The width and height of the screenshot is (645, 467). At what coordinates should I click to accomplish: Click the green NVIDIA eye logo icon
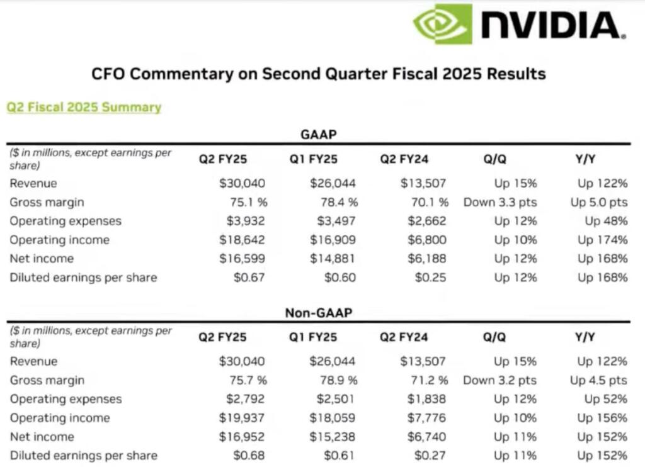tap(442, 25)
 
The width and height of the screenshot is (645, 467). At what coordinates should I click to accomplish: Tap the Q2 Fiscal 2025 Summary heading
tap(84, 107)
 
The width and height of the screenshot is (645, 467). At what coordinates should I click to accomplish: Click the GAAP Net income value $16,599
tap(243, 259)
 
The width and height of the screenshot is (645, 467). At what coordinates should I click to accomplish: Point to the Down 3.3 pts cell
tap(500, 203)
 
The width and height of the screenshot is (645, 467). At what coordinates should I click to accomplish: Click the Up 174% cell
tap(602, 240)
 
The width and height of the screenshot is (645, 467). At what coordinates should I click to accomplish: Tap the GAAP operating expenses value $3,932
tap(243, 222)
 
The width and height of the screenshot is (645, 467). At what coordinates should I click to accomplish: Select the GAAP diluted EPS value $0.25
tap(430, 278)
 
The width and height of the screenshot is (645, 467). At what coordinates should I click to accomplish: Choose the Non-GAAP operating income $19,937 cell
tap(243, 418)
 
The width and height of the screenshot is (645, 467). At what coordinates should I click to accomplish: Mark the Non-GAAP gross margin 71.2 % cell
tap(426, 381)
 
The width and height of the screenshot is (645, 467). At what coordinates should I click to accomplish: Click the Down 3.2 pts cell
tap(500, 381)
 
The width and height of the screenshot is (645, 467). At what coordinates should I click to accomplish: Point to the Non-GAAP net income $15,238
tap(333, 437)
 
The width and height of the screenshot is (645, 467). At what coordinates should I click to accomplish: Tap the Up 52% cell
tap(605, 400)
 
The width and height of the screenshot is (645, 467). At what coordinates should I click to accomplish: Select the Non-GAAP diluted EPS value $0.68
tap(249, 456)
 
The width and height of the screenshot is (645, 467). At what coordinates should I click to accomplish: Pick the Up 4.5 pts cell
tap(598, 381)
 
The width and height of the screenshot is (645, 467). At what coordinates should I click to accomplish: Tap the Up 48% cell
tap(605, 222)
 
